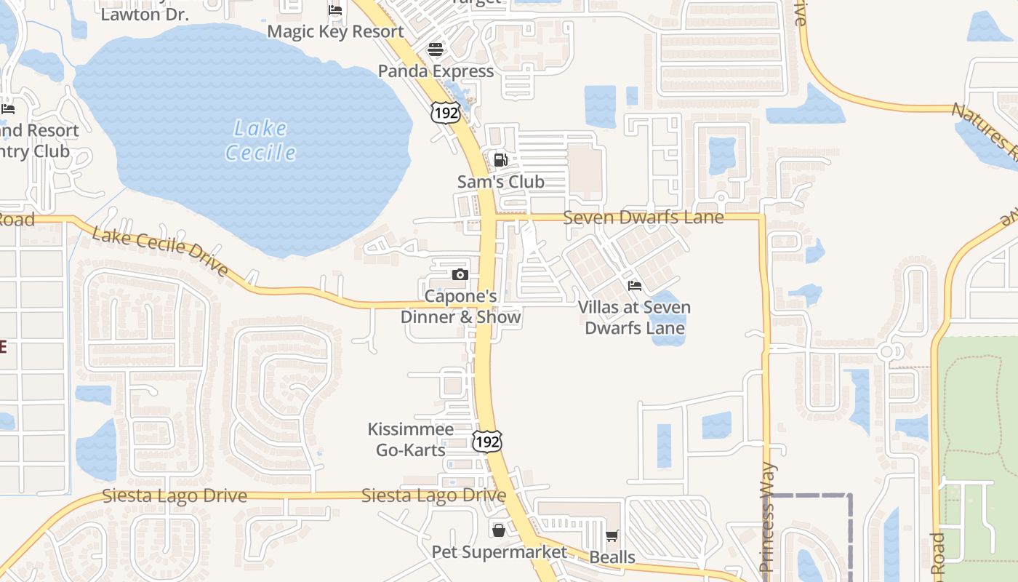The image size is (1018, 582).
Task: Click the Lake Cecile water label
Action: click(x=260, y=141)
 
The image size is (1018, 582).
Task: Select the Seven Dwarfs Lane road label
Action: click(x=644, y=218)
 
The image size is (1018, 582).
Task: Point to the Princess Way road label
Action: click(x=768, y=517)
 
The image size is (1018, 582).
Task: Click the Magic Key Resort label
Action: click(x=335, y=32)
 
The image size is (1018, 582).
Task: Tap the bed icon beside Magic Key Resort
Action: click(x=335, y=10)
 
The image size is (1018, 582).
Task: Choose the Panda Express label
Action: click(x=436, y=71)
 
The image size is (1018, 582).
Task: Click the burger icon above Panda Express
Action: click(x=436, y=49)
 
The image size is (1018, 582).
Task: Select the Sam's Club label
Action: click(x=500, y=182)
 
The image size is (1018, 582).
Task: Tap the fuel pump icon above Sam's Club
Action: click(x=500, y=160)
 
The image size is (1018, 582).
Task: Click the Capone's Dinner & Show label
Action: click(x=461, y=307)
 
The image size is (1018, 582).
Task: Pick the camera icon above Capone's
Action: click(x=460, y=274)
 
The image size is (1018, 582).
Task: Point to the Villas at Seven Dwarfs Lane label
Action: click(x=635, y=318)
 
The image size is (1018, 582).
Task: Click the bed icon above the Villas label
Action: click(x=635, y=286)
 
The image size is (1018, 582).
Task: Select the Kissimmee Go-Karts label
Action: click(x=410, y=440)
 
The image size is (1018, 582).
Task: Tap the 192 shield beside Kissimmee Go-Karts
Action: click(x=486, y=441)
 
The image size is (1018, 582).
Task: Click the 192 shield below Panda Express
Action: click(x=445, y=112)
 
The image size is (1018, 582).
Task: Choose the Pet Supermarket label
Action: click(x=499, y=552)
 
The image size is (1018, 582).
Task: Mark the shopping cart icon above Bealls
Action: click(x=612, y=536)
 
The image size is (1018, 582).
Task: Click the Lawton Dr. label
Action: click(x=145, y=14)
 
